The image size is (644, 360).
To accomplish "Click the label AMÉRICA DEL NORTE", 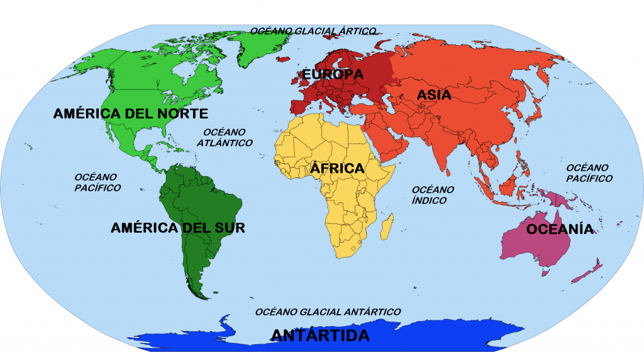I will click(130, 113).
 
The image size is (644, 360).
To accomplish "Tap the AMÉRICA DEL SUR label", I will click(177, 228).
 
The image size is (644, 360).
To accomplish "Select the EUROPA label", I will click(333, 74).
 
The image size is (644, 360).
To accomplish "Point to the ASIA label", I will click(434, 95).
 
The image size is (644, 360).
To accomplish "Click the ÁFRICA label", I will click(337, 169).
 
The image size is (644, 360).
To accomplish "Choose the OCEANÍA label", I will click(560, 229).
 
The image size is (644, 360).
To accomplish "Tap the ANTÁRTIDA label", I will click(320, 335).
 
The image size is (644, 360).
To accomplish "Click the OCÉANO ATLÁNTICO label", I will click(225, 137).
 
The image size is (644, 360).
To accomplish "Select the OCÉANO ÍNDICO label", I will click(433, 194).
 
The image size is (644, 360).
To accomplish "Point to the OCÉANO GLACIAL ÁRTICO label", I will click(313, 30).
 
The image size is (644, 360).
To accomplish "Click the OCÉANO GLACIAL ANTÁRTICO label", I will click(328, 312).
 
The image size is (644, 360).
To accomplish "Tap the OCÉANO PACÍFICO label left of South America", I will click(97, 182).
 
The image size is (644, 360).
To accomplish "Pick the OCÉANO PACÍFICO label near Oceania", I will click(589, 172).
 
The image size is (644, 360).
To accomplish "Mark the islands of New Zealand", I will click(591, 267).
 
